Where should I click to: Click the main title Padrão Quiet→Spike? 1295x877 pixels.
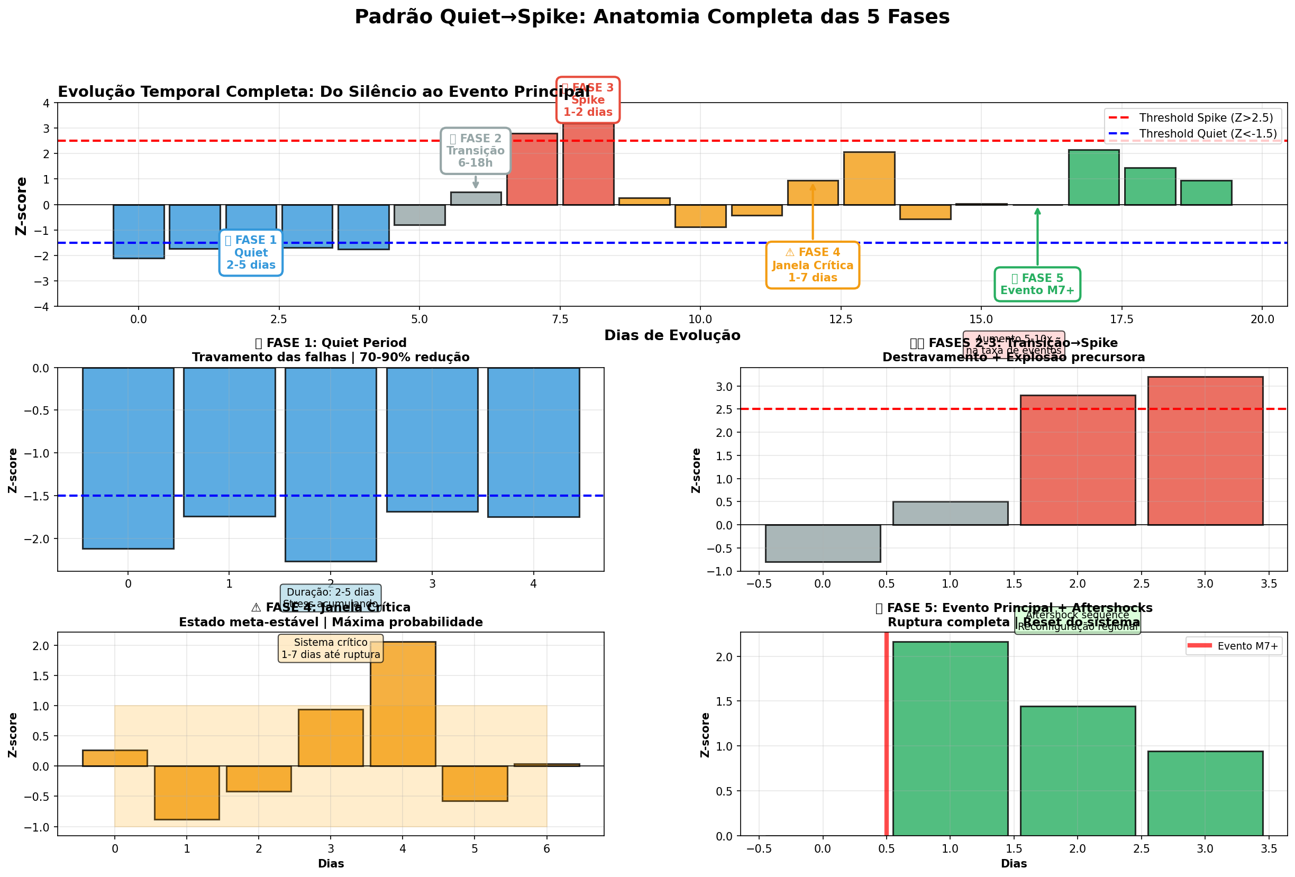tap(651, 17)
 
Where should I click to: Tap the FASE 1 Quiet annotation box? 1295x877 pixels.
tap(251, 252)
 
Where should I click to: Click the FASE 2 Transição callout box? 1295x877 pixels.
tap(476, 150)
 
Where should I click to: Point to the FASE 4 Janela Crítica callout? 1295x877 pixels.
tap(812, 265)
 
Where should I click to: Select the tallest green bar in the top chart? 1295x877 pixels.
tap(1093, 177)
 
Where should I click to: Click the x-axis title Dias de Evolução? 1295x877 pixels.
tap(671, 335)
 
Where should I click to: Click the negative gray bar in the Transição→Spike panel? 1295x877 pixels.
tap(823, 543)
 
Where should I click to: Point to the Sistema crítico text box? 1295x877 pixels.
tap(331, 648)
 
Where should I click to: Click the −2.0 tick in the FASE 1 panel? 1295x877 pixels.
tap(35, 539)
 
